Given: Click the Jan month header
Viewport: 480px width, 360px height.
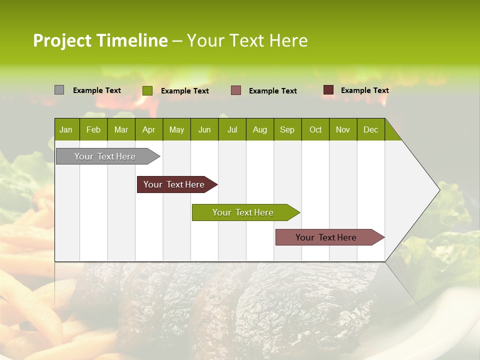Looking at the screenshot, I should coord(66,129).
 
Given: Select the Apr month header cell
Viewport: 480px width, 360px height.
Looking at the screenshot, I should coord(149,129).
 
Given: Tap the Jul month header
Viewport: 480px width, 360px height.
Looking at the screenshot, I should coord(232,129).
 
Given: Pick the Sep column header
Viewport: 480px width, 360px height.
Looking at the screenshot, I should coord(287,129).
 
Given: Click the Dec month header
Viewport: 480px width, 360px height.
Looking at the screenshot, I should coord(370,129).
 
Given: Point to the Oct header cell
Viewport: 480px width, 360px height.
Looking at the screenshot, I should coord(315,129).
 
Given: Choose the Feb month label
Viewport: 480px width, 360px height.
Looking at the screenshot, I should coord(93,129).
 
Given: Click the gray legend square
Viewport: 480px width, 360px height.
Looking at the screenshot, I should coord(59,90).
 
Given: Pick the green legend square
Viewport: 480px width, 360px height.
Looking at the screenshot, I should coord(147,90).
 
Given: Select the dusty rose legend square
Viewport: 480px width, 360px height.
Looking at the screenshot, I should coord(236,90).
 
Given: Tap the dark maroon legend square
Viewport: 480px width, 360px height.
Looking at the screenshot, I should coord(328,90).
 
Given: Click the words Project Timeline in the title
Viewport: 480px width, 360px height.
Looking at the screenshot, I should coord(100,40).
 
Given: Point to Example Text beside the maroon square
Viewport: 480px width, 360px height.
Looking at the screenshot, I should coord(364,90).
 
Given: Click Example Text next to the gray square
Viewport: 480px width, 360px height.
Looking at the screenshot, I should coord(96,90).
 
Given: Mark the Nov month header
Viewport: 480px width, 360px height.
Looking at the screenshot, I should coord(343,129).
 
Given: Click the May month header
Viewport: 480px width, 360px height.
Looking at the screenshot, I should coord(176,129).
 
